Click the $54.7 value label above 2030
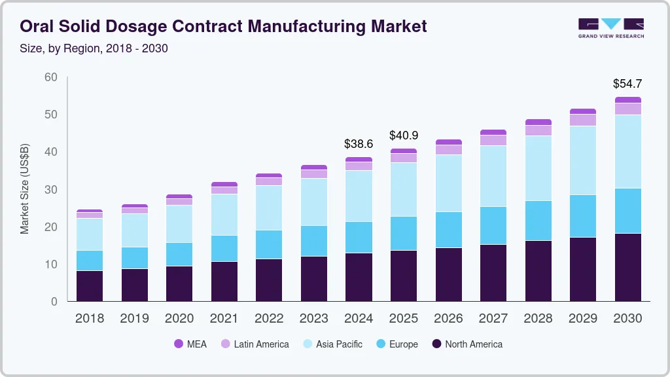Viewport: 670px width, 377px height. tap(627, 84)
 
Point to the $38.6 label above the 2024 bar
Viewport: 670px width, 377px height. tap(359, 143)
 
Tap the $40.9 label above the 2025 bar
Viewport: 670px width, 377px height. tap(404, 135)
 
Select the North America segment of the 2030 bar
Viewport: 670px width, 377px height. tap(627, 267)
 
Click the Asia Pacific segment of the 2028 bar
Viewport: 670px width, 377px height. tap(538, 168)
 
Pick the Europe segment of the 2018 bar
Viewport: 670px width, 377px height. tap(90, 260)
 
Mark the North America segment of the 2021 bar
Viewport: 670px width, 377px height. tap(224, 281)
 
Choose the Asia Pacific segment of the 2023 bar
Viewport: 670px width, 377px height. tap(314, 202)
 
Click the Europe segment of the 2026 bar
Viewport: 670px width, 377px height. tap(448, 230)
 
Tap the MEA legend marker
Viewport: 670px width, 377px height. tap(179, 344)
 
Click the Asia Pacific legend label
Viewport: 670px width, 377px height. tap(339, 344)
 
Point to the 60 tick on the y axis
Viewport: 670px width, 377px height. tap(50, 77)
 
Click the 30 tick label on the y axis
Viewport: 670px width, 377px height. tap(50, 190)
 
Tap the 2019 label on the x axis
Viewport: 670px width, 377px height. tap(134, 319)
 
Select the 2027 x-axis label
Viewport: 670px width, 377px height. tap(493, 319)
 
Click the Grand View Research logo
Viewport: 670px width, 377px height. tap(610, 27)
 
